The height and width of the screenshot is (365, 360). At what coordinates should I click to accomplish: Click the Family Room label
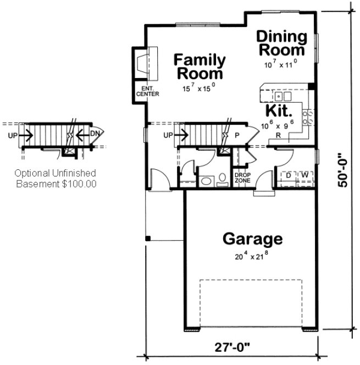tap(199, 66)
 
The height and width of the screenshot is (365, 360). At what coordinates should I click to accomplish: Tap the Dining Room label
tap(281, 43)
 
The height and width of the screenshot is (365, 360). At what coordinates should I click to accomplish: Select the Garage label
tap(252, 239)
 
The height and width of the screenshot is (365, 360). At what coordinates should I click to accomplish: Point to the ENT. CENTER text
tap(147, 91)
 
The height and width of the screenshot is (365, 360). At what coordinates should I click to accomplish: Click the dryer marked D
tap(289, 175)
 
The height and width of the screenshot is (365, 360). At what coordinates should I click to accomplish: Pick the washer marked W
tap(304, 175)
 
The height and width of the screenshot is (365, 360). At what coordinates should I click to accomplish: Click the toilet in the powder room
tap(221, 179)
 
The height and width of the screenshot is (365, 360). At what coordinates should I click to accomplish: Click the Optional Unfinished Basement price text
tap(55, 179)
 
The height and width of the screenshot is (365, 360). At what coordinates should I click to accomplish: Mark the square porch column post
tap(147, 238)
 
